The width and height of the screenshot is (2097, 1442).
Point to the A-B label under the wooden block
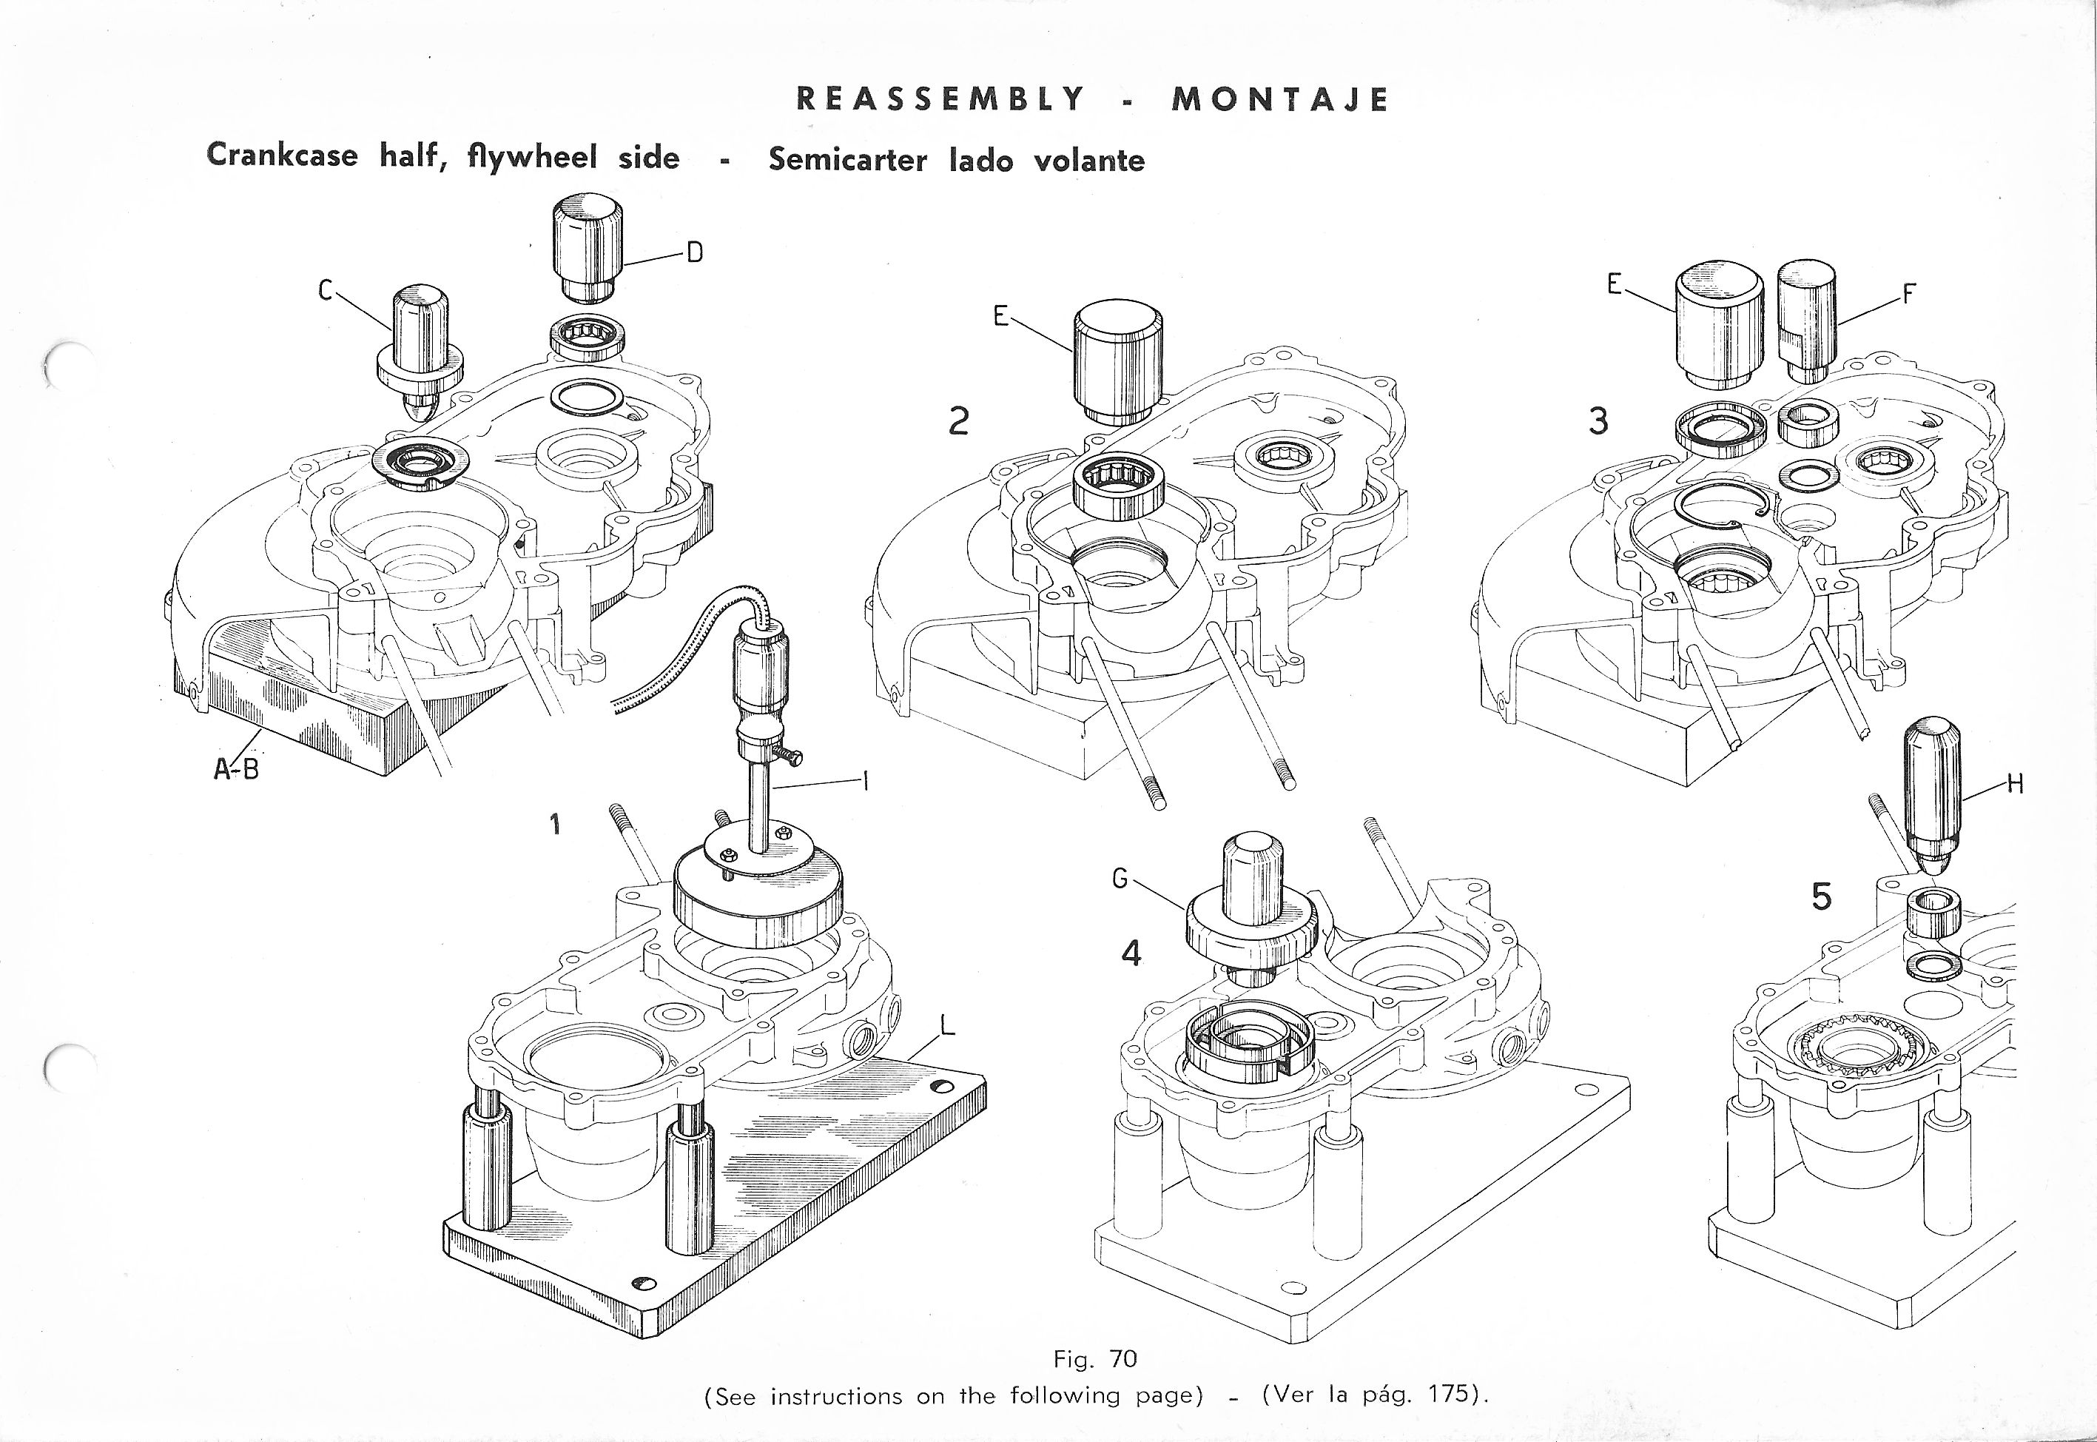[x=237, y=770]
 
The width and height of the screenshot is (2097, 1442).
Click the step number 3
[x=1598, y=420]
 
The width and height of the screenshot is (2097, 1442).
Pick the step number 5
[x=1822, y=896]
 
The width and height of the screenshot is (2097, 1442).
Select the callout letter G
[x=1120, y=877]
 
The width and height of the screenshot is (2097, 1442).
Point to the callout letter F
[x=1910, y=295]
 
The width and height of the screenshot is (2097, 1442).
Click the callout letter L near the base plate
[x=946, y=1025]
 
